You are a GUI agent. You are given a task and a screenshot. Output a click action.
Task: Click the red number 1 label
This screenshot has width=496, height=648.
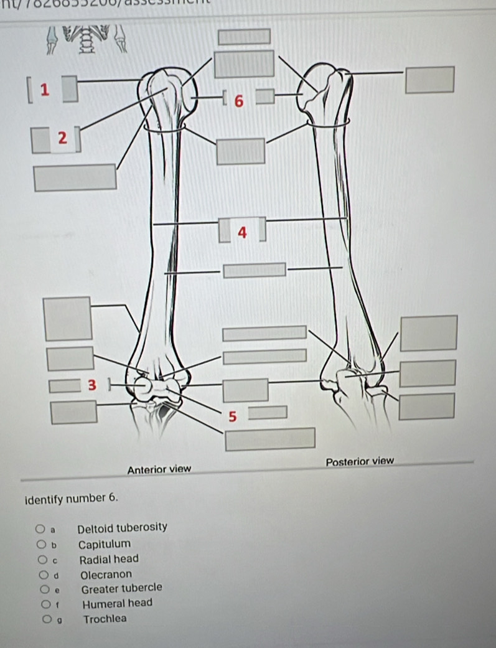click(44, 89)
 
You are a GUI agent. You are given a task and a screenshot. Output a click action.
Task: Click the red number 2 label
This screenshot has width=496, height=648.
click(62, 139)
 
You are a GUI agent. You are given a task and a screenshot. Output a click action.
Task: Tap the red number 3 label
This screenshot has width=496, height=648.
click(93, 385)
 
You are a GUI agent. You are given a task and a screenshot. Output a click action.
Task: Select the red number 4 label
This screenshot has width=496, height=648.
click(243, 233)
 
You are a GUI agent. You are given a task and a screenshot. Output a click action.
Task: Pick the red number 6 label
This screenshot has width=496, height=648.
click(237, 101)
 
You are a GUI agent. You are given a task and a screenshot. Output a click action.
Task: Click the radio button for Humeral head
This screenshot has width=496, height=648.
click(42, 603)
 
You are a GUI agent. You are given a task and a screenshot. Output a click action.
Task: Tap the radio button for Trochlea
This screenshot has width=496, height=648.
click(42, 619)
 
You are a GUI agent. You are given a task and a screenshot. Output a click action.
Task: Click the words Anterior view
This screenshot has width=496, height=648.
click(159, 468)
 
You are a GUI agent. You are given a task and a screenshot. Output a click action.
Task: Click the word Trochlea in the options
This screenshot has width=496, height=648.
click(105, 619)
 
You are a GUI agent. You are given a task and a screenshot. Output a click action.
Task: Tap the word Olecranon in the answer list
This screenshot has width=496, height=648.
click(106, 574)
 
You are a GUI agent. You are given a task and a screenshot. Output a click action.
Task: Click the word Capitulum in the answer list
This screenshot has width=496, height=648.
click(105, 544)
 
